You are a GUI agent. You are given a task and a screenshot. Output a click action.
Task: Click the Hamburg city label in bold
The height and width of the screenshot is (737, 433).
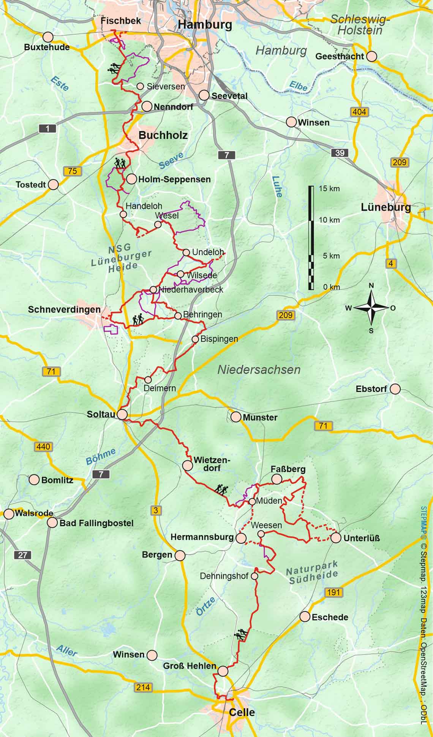pos(205,25)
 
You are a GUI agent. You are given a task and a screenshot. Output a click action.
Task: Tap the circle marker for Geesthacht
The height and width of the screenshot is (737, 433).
pos(371,56)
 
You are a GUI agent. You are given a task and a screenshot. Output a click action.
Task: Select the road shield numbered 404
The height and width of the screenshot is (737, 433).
pos(359,112)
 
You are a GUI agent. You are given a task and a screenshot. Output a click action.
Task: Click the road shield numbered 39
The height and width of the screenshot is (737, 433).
pos(340,153)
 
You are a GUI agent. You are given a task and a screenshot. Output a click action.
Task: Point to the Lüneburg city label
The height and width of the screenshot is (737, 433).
pos(386,208)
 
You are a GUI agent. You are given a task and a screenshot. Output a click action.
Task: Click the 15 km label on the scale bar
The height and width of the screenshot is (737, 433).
pos(329,189)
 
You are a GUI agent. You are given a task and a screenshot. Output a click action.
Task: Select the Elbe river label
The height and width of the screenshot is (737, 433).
pos(299,86)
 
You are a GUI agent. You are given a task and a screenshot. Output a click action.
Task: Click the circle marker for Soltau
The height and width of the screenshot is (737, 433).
pos(122,414)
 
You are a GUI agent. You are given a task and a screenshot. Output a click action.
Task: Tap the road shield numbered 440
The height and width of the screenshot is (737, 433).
pos(43,447)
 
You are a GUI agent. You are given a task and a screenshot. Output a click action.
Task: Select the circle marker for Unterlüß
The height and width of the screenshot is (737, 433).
pos(336,538)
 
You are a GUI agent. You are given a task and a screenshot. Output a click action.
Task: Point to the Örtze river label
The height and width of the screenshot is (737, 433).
pos(206,606)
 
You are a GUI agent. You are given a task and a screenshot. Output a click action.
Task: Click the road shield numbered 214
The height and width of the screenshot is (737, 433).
pos(143,687)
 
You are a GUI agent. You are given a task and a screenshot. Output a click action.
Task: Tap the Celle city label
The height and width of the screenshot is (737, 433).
pos(242,712)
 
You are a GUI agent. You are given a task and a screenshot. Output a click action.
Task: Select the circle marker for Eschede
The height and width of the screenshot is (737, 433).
pos(305,617)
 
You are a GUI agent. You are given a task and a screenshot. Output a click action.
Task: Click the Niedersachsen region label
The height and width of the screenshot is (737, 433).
pos(259,369)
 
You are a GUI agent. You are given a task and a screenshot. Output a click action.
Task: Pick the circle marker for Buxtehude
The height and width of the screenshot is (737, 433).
pos(48,37)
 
